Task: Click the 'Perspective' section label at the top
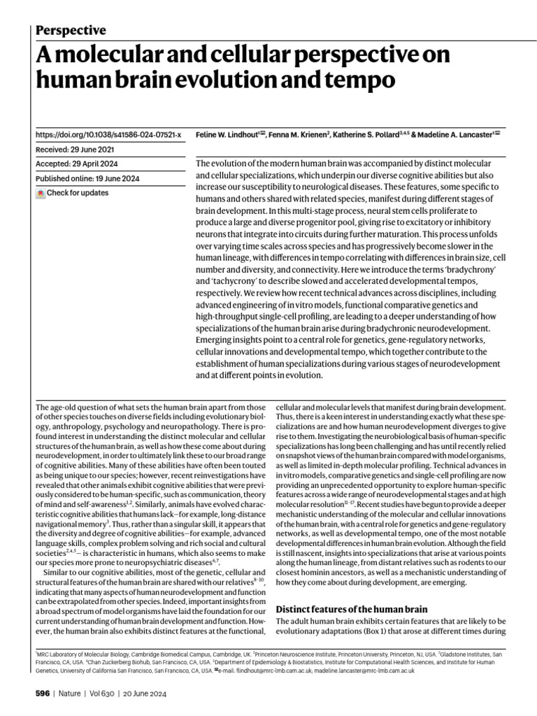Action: pos(70,30)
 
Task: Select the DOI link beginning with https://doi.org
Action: pos(108,134)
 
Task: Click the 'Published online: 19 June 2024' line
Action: pos(87,178)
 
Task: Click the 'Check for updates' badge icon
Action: pos(41,193)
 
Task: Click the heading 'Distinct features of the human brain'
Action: pos(358,608)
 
